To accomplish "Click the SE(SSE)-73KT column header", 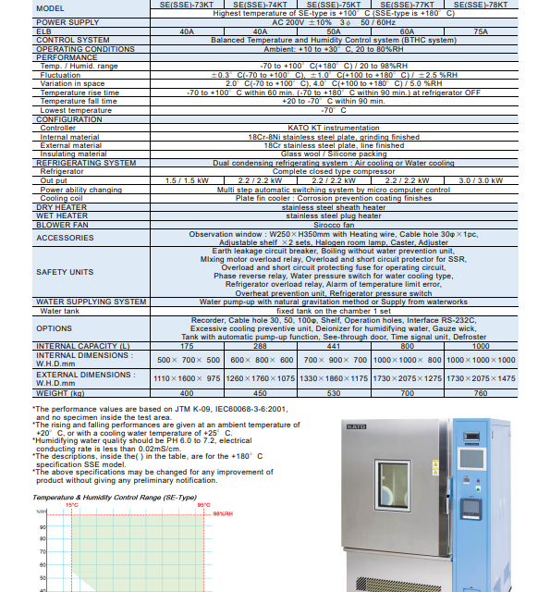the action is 187,6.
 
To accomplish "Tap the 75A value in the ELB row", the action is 481,31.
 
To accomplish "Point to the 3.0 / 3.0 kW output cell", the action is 481,180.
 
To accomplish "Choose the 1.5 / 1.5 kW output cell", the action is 187,180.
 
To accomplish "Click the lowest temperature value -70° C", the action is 334,110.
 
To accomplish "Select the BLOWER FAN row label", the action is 63,224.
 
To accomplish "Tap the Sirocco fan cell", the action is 334,224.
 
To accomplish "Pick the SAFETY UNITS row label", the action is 65,272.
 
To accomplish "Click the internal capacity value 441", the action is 334,345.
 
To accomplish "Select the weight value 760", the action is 481,393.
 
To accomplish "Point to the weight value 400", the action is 187,393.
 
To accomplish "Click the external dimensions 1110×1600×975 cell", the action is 187,378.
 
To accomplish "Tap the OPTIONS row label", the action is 54,328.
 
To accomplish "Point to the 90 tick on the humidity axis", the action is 43,528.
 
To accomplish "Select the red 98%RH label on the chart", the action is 223,512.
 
